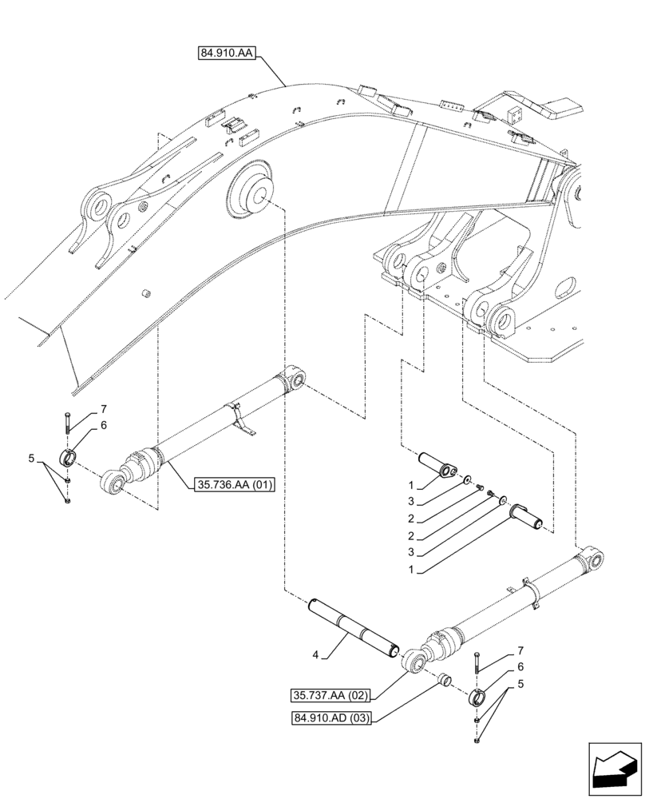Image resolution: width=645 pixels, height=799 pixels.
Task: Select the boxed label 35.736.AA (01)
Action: click(x=233, y=483)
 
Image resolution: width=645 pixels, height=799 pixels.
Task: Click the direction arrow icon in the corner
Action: click(x=615, y=771)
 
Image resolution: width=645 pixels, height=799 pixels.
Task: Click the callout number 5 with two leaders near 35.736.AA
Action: click(x=31, y=459)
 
